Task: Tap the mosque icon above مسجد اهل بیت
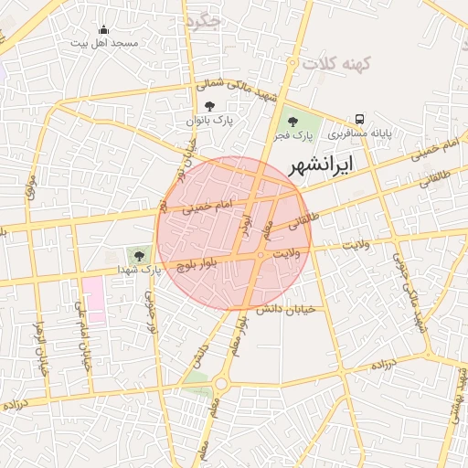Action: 102,29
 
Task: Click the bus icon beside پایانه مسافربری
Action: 359,119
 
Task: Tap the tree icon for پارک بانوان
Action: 210,106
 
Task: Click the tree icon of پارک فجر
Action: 292,122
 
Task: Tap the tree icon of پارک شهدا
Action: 139,257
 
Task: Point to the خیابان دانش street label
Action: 285,310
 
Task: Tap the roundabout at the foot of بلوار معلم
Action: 221,385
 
